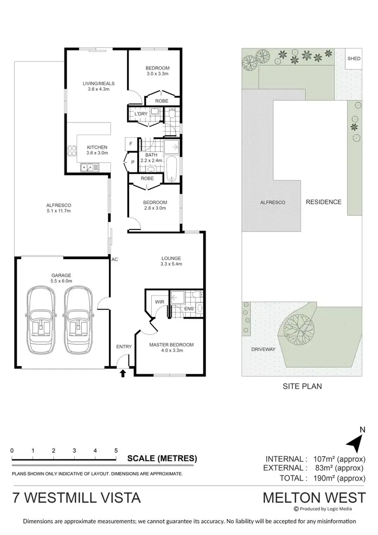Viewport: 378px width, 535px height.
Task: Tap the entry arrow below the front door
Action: point(122,374)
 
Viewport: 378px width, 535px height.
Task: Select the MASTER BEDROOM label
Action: point(171,345)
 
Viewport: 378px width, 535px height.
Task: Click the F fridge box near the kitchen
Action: point(131,143)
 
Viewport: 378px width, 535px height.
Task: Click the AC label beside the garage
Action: point(115,259)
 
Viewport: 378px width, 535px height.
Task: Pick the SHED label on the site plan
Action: point(354,58)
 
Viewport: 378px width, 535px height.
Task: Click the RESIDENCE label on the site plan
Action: point(324,202)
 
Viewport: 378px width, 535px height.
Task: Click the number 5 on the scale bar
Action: point(116,450)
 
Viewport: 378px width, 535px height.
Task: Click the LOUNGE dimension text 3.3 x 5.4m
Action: point(171,264)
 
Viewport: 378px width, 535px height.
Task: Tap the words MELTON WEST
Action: point(314,497)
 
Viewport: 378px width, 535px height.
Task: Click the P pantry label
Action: point(133,162)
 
